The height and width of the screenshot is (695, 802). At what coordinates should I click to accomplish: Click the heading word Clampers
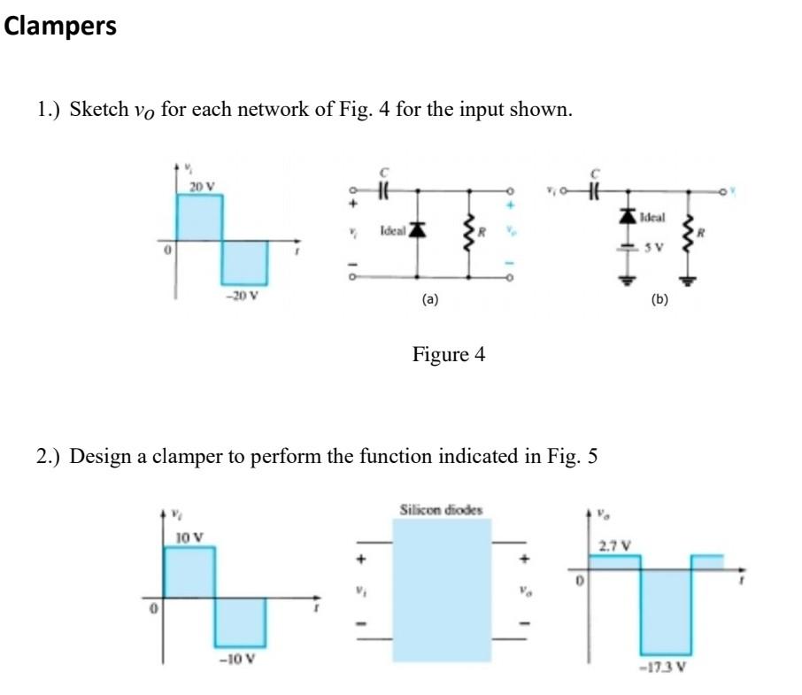click(60, 27)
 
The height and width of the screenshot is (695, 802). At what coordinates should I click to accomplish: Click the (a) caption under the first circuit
click(429, 300)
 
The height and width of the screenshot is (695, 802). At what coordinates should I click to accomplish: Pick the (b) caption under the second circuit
click(659, 300)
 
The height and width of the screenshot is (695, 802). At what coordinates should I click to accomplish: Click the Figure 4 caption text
click(449, 356)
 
